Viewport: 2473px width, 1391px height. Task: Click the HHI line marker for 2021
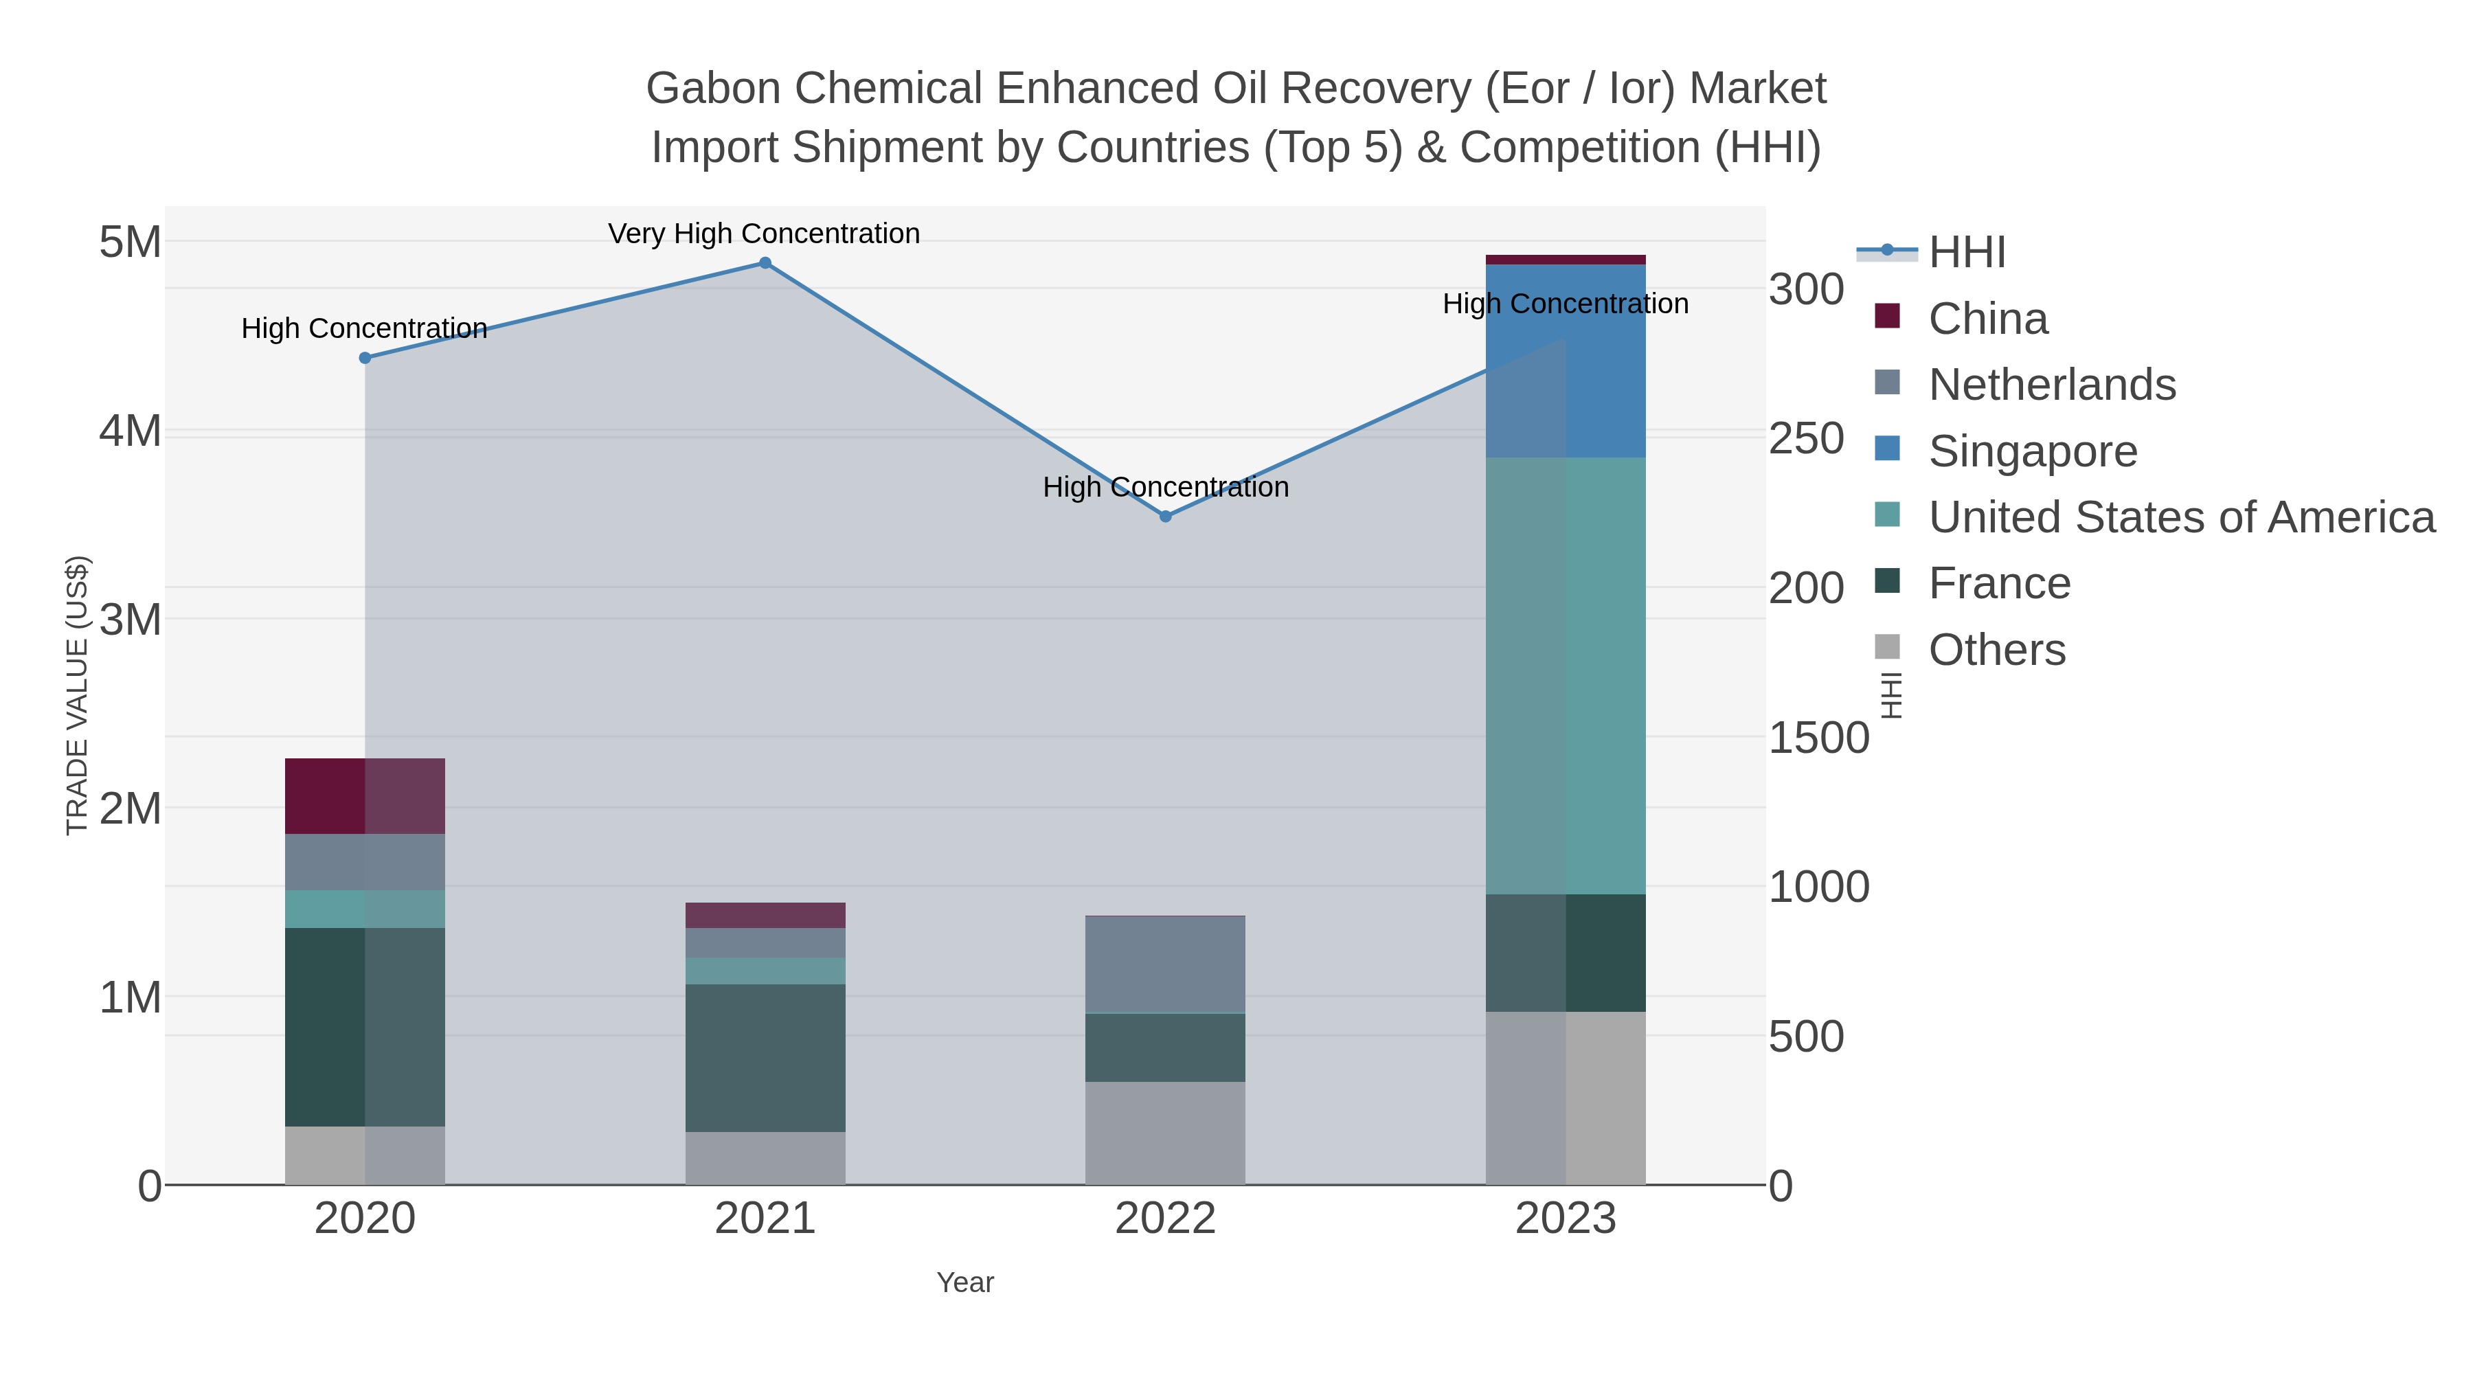tap(765, 263)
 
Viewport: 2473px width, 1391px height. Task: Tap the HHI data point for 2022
tap(1166, 517)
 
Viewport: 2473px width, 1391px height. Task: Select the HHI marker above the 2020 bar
tap(365, 358)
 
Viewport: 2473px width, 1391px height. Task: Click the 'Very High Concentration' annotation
tap(764, 234)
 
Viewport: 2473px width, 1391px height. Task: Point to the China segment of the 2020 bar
tap(365, 796)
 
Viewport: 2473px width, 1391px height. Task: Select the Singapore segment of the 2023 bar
tap(1566, 361)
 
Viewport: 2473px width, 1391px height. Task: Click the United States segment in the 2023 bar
tap(1566, 676)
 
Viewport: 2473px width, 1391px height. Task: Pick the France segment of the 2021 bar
tap(765, 1057)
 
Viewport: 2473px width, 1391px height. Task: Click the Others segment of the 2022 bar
tap(1166, 1133)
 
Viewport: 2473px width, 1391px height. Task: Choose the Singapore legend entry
tap(2033, 451)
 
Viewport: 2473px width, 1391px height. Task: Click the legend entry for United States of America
tap(2181, 517)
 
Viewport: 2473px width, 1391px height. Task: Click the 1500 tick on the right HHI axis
tap(1818, 738)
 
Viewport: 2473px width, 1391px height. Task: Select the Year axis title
tap(965, 1282)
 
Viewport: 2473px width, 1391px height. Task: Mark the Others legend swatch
tap(1886, 648)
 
